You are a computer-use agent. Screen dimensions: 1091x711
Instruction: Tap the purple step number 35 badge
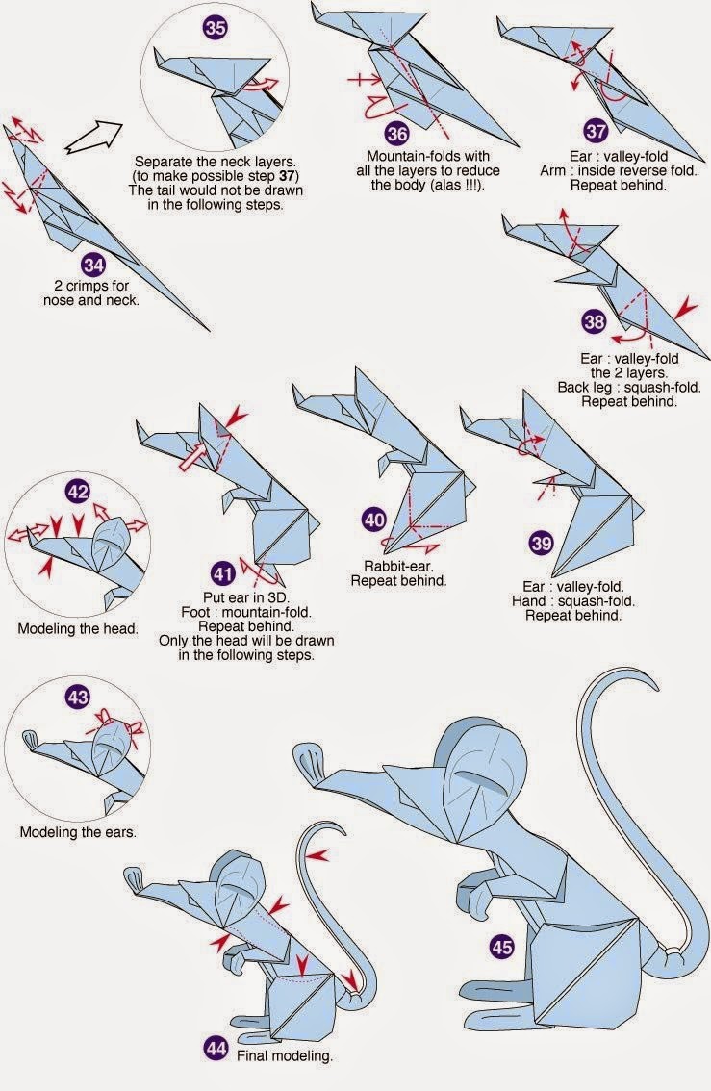pyautogui.click(x=216, y=28)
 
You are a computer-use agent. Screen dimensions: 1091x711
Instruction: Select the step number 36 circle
pyautogui.click(x=398, y=134)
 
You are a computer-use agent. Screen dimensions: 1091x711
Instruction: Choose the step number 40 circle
pyautogui.click(x=373, y=520)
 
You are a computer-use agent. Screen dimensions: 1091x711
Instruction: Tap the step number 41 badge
pyautogui.click(x=222, y=574)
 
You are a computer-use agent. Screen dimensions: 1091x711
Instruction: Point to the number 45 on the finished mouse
pyautogui.click(x=502, y=948)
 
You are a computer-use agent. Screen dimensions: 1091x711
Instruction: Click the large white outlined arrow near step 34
pyautogui.click(x=95, y=137)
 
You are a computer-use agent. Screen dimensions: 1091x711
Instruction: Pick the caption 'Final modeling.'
pyautogui.click(x=286, y=1055)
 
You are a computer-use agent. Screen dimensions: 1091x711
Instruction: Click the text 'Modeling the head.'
pyautogui.click(x=78, y=630)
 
